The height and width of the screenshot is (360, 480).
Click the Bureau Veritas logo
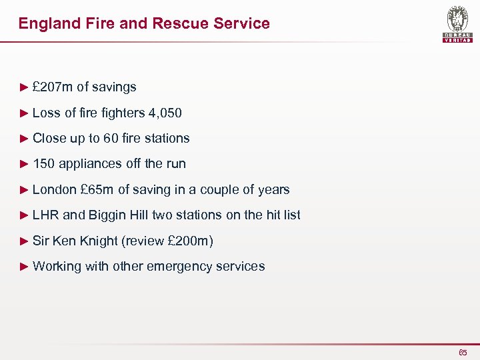[457, 24]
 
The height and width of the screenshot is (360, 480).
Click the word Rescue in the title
[177, 23]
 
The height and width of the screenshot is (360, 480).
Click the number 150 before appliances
[44, 163]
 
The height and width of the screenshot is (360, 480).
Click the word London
[55, 189]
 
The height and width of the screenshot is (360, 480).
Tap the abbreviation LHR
[45, 215]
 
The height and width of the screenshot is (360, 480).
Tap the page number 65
[463, 353]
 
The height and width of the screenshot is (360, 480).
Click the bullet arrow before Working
[25, 266]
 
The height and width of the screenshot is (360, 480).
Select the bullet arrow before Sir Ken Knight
[25, 241]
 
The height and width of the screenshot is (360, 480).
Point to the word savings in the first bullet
[114, 87]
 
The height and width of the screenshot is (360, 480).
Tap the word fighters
[123, 113]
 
